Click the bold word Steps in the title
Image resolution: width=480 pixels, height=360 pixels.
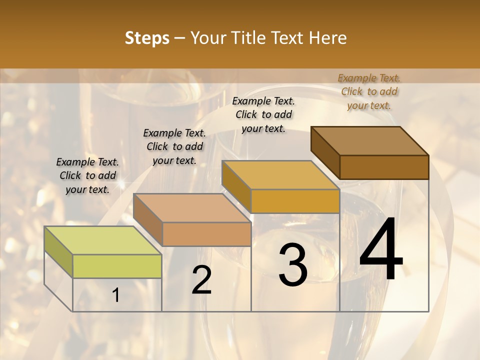click(x=146, y=38)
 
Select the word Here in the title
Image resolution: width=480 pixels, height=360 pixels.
click(x=327, y=38)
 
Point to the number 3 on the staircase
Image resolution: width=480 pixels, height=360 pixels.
click(x=293, y=265)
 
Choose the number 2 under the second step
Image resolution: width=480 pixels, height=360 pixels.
click(x=201, y=280)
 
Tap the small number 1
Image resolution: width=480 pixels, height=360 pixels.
click(x=116, y=295)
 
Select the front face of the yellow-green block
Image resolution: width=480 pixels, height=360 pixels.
click(x=117, y=266)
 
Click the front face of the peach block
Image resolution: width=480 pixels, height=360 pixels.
click(x=206, y=234)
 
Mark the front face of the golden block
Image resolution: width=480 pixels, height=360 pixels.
click(x=295, y=201)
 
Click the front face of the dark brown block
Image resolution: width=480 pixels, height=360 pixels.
click(x=384, y=167)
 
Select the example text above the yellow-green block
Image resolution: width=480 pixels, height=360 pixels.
click(x=87, y=175)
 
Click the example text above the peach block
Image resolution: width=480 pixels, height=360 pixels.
click(x=174, y=146)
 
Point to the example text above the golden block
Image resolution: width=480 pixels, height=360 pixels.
click(x=263, y=114)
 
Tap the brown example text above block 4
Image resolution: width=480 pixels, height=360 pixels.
click(x=369, y=91)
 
